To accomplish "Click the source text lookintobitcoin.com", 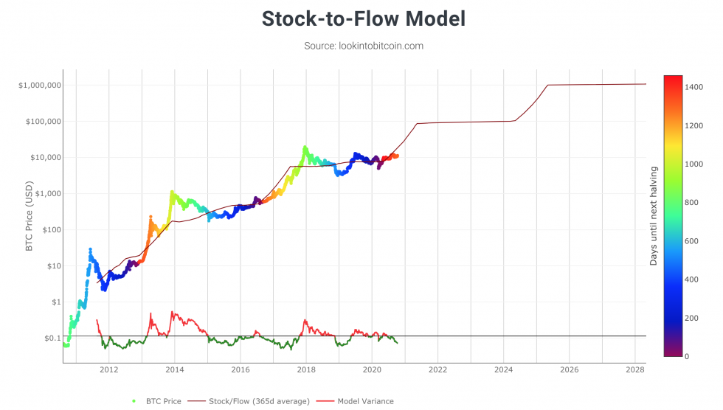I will [x=364, y=46].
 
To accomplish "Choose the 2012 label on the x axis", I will [x=109, y=369].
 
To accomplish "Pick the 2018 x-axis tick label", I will [x=306, y=369].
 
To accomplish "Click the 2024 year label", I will [x=503, y=369].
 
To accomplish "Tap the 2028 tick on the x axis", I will [x=634, y=369].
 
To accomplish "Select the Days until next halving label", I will [x=654, y=216].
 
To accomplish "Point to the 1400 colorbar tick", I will [x=695, y=87].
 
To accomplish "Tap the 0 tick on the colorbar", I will [x=688, y=357].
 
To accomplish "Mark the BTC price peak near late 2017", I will [x=305, y=147].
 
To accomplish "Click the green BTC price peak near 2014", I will [x=172, y=192].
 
